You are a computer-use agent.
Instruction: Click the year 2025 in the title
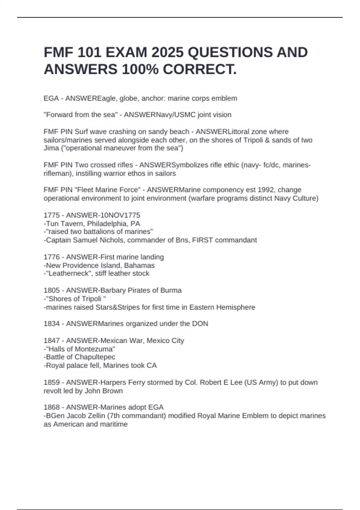pos(167,52)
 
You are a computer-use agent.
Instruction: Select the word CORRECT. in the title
pos(200,70)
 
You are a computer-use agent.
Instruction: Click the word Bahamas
pos(141,265)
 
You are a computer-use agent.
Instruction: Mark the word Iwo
pos(307,140)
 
